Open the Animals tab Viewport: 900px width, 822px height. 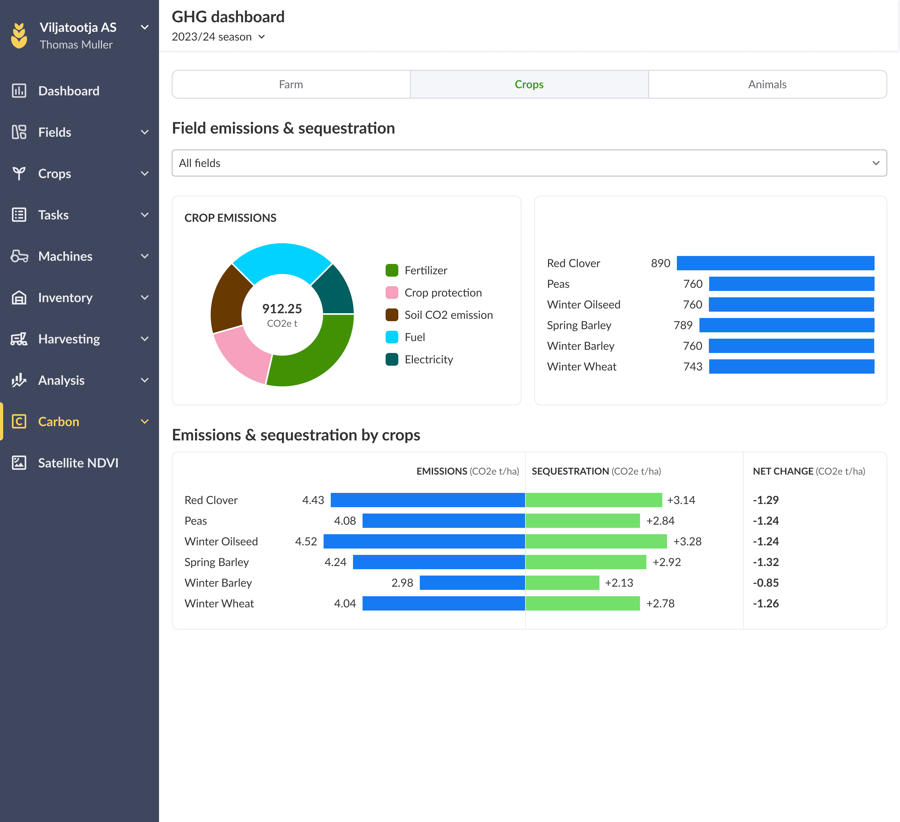(x=767, y=84)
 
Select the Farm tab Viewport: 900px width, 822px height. (x=291, y=84)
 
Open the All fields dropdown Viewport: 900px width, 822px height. (x=529, y=163)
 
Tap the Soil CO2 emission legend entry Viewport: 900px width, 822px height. (x=448, y=315)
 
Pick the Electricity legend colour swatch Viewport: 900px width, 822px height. (x=391, y=359)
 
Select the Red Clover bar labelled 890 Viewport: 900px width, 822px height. (x=775, y=263)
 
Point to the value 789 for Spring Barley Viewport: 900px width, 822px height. (x=683, y=325)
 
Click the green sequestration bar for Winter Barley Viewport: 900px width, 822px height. (x=562, y=583)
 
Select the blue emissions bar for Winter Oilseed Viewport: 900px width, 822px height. (x=424, y=541)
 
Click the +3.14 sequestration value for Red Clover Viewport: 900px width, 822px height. (x=681, y=500)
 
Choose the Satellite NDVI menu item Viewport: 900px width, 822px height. (x=78, y=463)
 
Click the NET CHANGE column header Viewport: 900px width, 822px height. (x=809, y=471)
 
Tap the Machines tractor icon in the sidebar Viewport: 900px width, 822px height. (x=19, y=256)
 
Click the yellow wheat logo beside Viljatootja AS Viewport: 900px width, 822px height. (x=19, y=36)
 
